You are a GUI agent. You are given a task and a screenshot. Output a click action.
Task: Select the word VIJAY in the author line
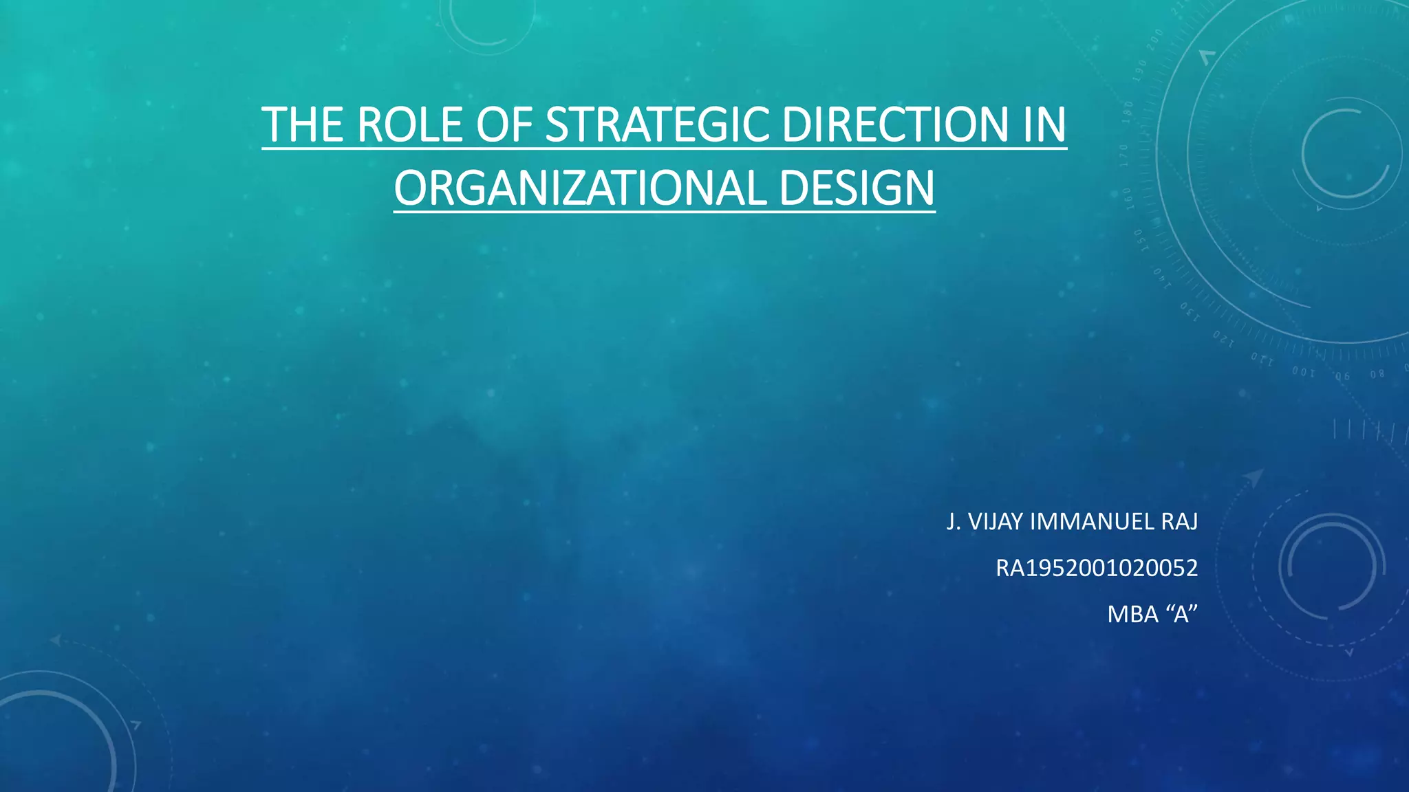click(996, 522)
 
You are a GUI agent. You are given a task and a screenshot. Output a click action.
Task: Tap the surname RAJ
click(1179, 522)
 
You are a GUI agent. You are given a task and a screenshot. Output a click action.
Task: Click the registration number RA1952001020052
click(1097, 568)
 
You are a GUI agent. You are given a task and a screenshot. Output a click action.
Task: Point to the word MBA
click(1132, 614)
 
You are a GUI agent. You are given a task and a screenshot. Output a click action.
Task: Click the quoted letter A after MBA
click(1182, 614)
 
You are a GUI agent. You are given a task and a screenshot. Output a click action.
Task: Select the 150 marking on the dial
click(1139, 240)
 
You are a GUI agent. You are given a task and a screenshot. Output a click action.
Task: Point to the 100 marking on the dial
click(1302, 372)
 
